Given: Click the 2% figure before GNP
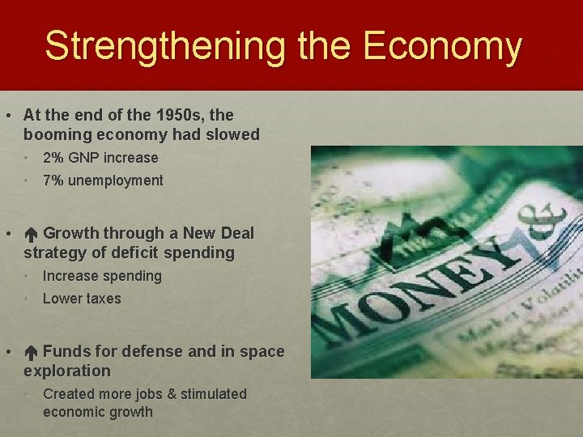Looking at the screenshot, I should coord(54,158).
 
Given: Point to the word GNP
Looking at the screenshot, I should coord(85,158).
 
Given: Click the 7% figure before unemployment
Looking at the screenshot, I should coord(54,180).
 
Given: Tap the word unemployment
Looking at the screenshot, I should coord(116,180).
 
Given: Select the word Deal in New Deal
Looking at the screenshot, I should coord(236,234).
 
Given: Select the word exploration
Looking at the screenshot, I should coord(67,371).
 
